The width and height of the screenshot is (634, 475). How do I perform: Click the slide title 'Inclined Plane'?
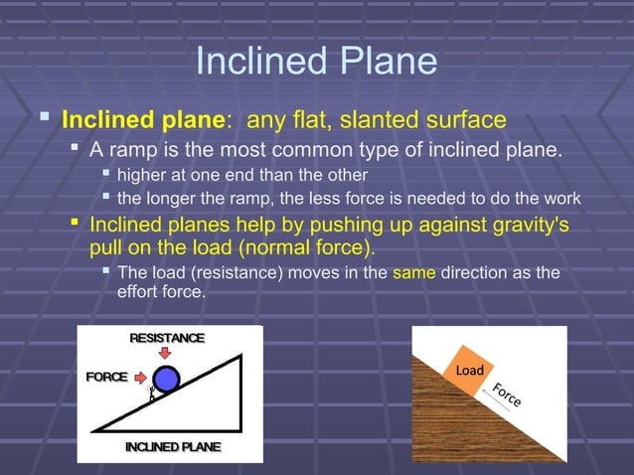click(x=316, y=62)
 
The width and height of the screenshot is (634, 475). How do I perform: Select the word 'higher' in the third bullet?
click(x=143, y=176)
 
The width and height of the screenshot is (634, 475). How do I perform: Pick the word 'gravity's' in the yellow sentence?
click(x=526, y=224)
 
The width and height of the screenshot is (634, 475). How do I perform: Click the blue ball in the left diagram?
click(x=166, y=379)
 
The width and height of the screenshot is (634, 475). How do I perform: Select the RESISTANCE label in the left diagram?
click(x=166, y=338)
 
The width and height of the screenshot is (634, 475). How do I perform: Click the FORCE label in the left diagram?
click(x=106, y=378)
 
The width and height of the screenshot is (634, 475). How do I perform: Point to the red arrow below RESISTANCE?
click(x=166, y=354)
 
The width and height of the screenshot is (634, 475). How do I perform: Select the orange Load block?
click(x=468, y=371)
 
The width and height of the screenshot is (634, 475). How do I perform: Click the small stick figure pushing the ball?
click(x=152, y=394)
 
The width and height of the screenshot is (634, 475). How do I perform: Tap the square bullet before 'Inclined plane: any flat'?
click(x=43, y=120)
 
